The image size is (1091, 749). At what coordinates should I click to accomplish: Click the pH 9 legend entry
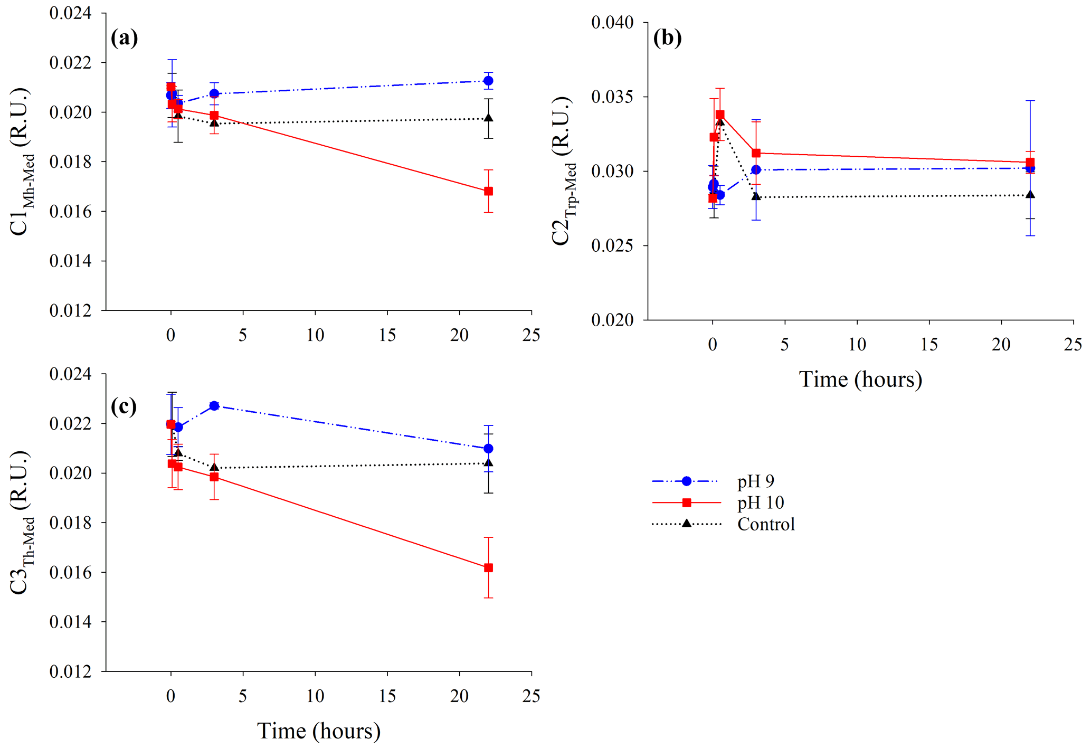pos(755,481)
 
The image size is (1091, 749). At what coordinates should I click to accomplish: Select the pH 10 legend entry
pos(760,503)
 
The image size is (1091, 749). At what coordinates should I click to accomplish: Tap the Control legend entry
pos(765,525)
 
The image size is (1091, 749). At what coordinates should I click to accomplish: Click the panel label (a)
pos(125,38)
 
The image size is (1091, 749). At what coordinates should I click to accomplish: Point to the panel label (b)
pos(667,38)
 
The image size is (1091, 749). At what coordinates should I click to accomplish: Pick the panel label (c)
pos(124,406)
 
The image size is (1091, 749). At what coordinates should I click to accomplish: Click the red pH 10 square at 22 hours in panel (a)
pos(488,191)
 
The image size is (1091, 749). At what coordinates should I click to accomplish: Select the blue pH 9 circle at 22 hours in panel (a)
pos(488,81)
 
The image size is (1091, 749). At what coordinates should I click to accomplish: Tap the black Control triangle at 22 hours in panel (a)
pos(488,118)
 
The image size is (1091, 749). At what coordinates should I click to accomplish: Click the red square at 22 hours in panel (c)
pos(488,568)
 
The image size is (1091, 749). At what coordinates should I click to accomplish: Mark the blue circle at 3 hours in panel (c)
pos(214,405)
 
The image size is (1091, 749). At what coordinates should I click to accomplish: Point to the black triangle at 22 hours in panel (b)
pos(1030,195)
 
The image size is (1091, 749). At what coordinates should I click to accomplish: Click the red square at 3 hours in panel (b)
pos(756,153)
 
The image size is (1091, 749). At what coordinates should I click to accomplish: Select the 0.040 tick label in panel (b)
pos(612,23)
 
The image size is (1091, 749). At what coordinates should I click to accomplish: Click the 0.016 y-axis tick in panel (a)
pos(70,212)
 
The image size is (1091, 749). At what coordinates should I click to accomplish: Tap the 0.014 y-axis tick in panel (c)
pos(70,622)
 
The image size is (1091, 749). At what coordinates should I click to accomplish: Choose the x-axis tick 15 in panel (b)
pos(929,345)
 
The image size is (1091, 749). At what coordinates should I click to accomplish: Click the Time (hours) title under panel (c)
pos(319,731)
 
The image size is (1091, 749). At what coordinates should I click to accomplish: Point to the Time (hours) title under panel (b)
pos(860,380)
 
